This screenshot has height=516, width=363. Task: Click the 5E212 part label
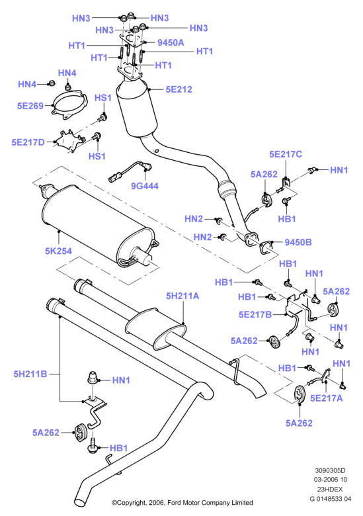179,89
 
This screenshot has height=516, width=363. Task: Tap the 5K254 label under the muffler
58,251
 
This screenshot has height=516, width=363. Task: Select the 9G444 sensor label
145,186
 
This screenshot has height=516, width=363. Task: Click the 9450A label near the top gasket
171,42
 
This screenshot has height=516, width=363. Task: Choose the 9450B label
298,242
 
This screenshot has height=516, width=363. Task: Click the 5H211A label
182,296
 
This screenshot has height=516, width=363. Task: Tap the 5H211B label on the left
30,374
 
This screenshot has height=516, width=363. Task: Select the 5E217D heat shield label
28,142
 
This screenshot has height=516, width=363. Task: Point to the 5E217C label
286,154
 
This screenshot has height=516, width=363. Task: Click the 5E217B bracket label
255,315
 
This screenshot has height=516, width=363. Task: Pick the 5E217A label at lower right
327,398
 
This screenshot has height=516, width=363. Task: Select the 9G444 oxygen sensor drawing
130,171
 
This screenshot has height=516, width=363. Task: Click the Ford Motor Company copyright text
182,503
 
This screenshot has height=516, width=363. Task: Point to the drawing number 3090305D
330,470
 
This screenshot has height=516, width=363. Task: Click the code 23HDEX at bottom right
330,490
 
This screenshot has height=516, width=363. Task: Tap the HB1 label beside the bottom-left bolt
118,448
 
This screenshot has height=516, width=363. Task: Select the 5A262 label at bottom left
46,433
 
